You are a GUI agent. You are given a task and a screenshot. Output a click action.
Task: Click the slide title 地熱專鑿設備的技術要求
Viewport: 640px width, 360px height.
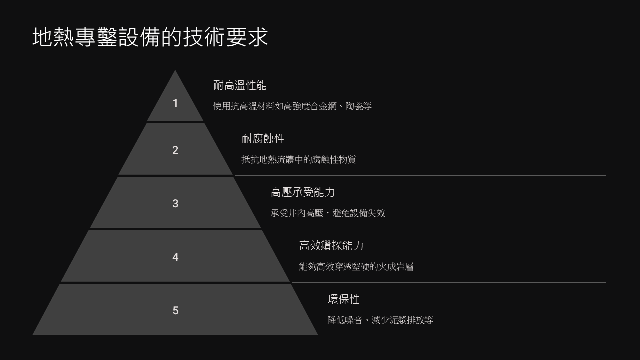click(x=150, y=37)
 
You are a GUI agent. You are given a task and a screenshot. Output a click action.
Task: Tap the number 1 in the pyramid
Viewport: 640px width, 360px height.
click(x=175, y=103)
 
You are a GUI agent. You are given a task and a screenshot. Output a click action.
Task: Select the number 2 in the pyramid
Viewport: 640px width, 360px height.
click(x=175, y=150)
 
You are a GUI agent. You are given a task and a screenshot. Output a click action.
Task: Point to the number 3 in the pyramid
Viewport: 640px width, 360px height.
click(x=175, y=203)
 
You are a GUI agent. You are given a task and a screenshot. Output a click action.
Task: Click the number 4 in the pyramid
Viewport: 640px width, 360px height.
click(x=175, y=257)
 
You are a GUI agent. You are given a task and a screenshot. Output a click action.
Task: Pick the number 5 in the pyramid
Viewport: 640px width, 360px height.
click(x=175, y=310)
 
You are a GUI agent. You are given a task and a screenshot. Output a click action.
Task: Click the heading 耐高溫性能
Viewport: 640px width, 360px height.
click(x=240, y=85)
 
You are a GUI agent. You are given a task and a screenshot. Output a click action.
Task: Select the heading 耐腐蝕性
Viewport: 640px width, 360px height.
click(x=263, y=139)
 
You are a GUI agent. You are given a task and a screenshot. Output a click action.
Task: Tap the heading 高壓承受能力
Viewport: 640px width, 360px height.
click(x=303, y=192)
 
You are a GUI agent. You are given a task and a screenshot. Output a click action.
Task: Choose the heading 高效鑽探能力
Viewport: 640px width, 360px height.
click(x=331, y=245)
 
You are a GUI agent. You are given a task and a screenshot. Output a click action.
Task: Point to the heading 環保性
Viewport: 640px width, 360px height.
click(x=343, y=299)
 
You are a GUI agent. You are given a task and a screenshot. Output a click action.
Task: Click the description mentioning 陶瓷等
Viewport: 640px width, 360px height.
click(x=292, y=106)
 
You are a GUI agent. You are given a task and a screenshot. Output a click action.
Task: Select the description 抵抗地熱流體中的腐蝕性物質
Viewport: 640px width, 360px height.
click(x=299, y=159)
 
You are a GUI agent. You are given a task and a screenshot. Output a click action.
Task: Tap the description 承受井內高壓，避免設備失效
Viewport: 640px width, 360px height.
click(x=328, y=213)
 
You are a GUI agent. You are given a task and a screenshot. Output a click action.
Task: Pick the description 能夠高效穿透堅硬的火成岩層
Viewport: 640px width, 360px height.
click(x=356, y=267)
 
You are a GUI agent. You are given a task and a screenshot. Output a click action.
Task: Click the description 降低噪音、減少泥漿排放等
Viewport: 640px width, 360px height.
click(x=380, y=320)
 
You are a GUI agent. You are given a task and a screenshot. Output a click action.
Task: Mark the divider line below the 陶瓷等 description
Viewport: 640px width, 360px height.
click(x=406, y=122)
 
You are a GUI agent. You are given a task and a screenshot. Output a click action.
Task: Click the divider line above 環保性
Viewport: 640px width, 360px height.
click(x=449, y=283)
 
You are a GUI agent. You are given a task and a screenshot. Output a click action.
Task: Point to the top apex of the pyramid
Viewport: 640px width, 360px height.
click(x=175, y=70)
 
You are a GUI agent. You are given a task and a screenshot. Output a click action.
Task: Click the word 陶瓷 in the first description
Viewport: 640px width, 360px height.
click(x=354, y=106)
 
